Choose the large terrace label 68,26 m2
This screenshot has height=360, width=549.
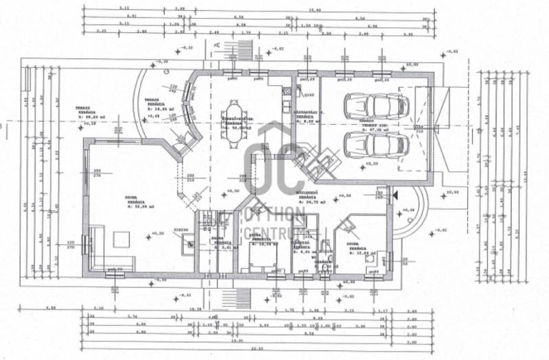(x=91, y=117)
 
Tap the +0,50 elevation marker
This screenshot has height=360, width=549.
(x=231, y=191)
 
